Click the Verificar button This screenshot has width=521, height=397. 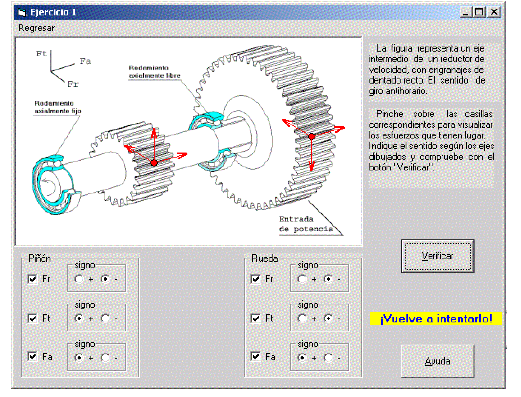tap(438, 256)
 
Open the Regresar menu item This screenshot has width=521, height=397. tap(36, 28)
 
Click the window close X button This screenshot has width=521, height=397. tap(494, 12)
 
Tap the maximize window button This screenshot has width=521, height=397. tap(479, 12)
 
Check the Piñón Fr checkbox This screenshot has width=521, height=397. tap(33, 279)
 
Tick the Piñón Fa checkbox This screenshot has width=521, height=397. tap(33, 357)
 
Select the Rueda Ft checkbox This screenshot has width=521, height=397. tap(256, 318)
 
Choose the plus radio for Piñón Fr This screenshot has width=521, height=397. tap(79, 279)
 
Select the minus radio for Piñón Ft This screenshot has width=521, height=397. tap(105, 318)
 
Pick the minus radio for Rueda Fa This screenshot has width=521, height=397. tap(328, 357)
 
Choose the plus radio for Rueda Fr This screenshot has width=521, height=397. tap(302, 279)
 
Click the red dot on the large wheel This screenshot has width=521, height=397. tap(311, 137)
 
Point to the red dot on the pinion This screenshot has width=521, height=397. tap(154, 163)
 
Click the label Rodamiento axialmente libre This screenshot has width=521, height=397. tap(154, 72)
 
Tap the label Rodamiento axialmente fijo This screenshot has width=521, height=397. tap(57, 107)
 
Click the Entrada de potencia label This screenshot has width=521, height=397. tap(306, 224)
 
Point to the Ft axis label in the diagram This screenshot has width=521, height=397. tap(41, 54)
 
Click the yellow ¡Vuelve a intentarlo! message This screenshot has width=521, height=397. tap(436, 318)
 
